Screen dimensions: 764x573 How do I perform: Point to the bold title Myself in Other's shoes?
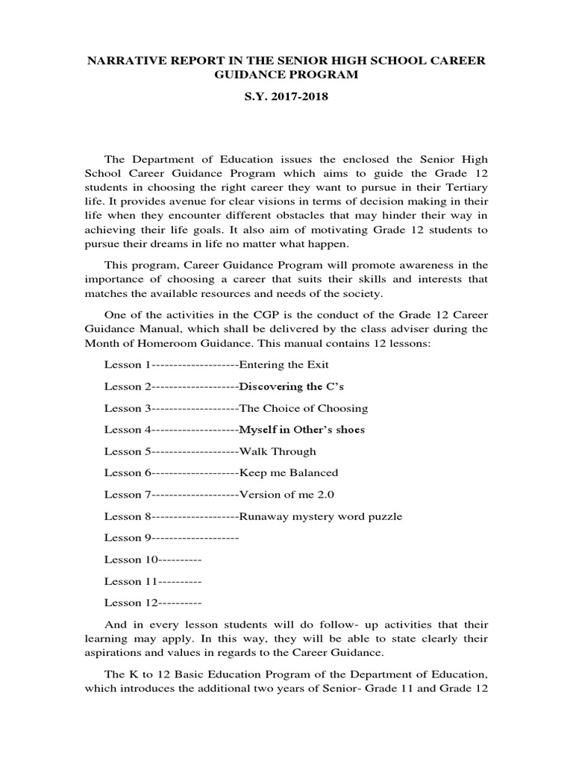coord(301,430)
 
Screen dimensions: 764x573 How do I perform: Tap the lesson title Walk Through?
coord(277,451)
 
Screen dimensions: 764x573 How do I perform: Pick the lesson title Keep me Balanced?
coord(288,473)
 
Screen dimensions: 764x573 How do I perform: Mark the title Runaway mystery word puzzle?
coord(320,516)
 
